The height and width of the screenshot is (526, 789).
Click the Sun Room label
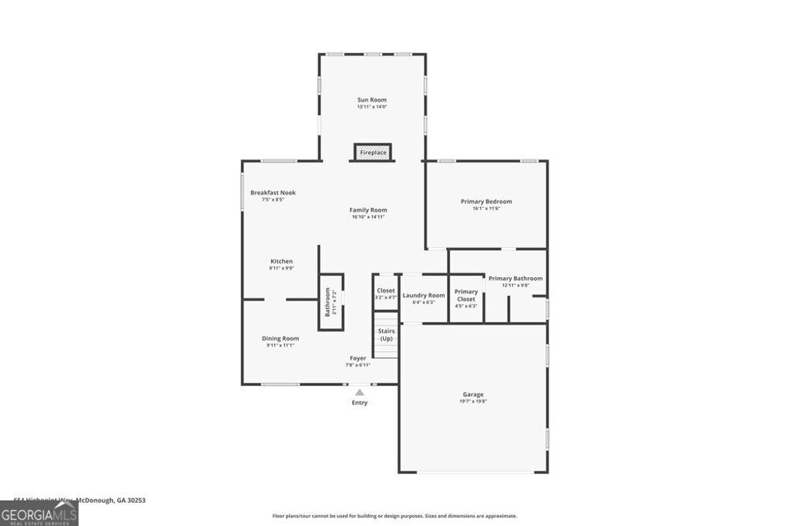(x=371, y=100)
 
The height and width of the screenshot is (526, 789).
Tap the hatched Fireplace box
(x=373, y=152)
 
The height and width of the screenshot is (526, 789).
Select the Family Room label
(x=368, y=210)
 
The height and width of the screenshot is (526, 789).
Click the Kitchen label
(x=281, y=261)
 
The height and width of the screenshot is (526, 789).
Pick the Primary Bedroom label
(x=486, y=202)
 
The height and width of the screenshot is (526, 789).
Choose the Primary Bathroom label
(x=515, y=279)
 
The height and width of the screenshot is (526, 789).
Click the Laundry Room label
(x=424, y=295)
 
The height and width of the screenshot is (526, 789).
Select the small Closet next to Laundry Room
(x=385, y=293)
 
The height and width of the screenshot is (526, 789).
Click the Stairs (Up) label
(x=386, y=335)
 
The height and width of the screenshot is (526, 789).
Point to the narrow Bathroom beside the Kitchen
(x=331, y=301)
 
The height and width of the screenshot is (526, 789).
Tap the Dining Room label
(x=280, y=338)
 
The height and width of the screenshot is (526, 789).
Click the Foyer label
(x=358, y=358)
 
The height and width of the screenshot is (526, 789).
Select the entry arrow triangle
(x=359, y=393)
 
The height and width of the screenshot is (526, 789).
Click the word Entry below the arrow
(x=360, y=403)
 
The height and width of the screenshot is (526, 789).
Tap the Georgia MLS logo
(x=39, y=514)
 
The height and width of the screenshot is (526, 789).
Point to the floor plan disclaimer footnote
(x=394, y=516)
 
